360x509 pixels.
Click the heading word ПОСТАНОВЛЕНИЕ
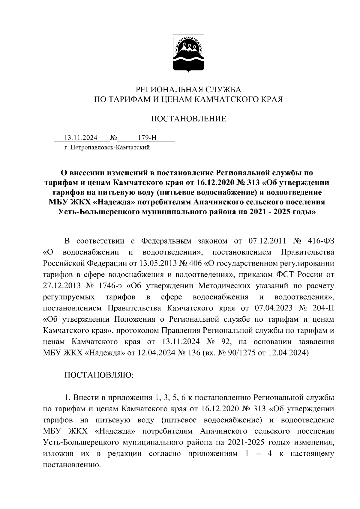pyautogui.click(x=188, y=119)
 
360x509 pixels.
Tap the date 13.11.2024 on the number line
pyautogui.click(x=81, y=138)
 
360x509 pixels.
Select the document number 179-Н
pyautogui.click(x=147, y=138)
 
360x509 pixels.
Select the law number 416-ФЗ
pyautogui.click(x=321, y=241)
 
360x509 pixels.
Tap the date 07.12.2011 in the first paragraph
pyautogui.click(x=268, y=241)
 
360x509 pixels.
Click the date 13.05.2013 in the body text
pyautogui.click(x=158, y=263)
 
